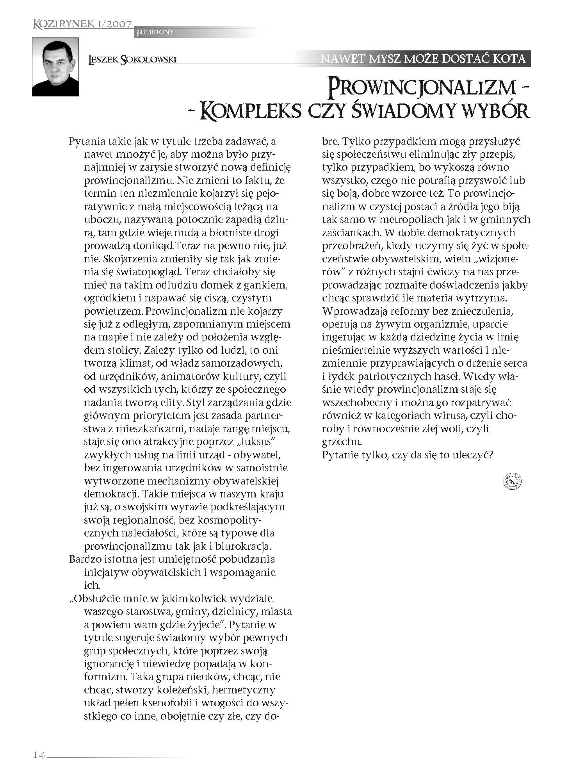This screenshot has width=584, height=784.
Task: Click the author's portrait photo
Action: [x=55, y=67]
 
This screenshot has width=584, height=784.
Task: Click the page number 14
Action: [x=39, y=755]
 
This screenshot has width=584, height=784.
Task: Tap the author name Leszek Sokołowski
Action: [x=133, y=59]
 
